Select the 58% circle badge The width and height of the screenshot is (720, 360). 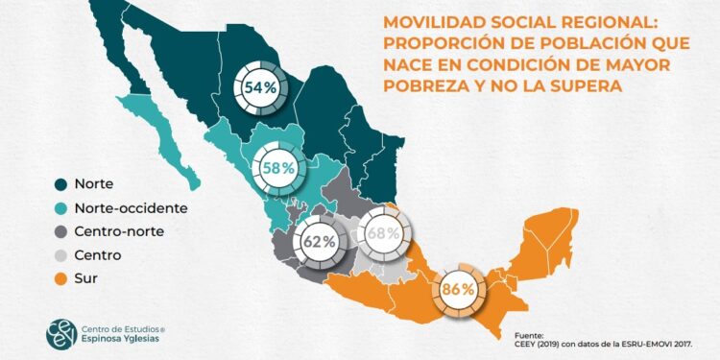click(x=276, y=167)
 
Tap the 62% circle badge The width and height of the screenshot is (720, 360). click(x=318, y=242)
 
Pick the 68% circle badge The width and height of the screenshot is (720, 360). click(x=383, y=232)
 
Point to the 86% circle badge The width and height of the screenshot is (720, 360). click(x=459, y=289)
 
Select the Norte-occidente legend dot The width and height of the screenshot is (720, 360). click(x=60, y=208)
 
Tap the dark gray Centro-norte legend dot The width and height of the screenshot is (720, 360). click(x=60, y=231)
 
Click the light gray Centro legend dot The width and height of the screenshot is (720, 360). click(x=60, y=255)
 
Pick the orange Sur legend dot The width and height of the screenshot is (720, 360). click(x=60, y=278)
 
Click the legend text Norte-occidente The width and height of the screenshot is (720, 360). click(x=132, y=208)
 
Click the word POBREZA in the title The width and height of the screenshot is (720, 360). click(x=425, y=85)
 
